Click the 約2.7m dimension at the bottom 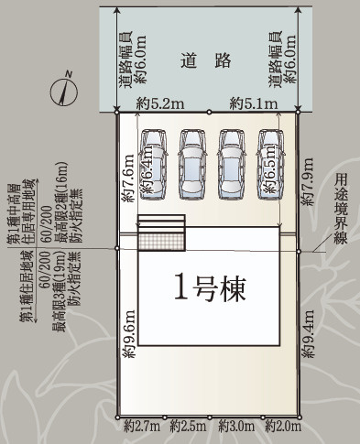point(141,426)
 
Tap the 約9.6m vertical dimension point(128,335)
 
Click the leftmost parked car point(153,161)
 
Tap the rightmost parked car point(270,161)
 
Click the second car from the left point(192,161)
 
